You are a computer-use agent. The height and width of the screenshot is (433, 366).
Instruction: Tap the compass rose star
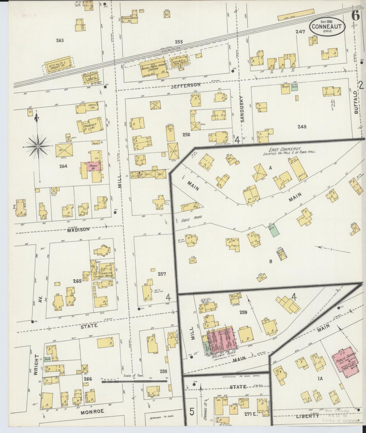tap(38, 146)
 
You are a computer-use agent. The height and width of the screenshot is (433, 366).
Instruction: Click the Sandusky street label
tap(243, 109)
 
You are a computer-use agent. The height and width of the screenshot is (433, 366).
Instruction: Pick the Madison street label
tap(78, 229)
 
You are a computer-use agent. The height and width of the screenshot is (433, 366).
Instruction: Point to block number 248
tap(302, 127)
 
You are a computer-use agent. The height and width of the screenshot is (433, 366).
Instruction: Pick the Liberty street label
tap(310, 416)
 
